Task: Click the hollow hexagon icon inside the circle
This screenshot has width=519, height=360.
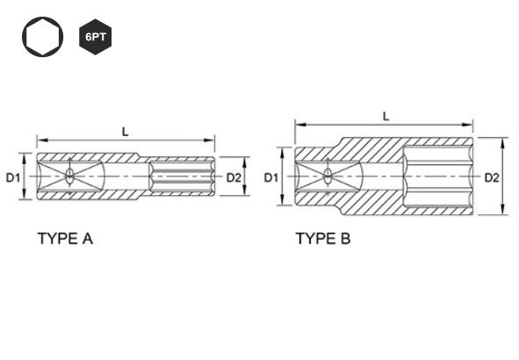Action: click(43, 37)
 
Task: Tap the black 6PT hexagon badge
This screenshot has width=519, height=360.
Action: click(96, 37)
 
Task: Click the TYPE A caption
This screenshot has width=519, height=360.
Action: click(65, 239)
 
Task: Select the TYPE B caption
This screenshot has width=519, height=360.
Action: click(323, 239)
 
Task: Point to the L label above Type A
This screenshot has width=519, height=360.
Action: click(125, 133)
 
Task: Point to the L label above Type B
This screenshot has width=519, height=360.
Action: click(386, 117)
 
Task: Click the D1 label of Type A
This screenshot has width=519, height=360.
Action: click(13, 177)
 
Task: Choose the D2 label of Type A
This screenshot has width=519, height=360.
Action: click(234, 177)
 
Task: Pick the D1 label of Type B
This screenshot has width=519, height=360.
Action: click(271, 177)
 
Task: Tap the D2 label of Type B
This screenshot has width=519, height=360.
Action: click(492, 177)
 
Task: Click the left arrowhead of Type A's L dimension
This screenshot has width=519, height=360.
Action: click(42, 140)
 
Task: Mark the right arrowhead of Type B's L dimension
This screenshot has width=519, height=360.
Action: click(468, 125)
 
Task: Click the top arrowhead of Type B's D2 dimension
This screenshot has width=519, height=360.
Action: click(503, 142)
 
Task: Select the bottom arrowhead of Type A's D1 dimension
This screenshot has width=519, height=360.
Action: click(24, 194)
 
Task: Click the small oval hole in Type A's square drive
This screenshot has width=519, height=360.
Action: click(69, 176)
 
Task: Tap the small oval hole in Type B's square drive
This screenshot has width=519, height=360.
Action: click(328, 176)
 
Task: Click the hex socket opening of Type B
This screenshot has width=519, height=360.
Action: click(438, 176)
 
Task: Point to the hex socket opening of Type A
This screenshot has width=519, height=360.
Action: click(182, 176)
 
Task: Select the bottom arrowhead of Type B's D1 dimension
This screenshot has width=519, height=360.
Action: click(282, 199)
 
